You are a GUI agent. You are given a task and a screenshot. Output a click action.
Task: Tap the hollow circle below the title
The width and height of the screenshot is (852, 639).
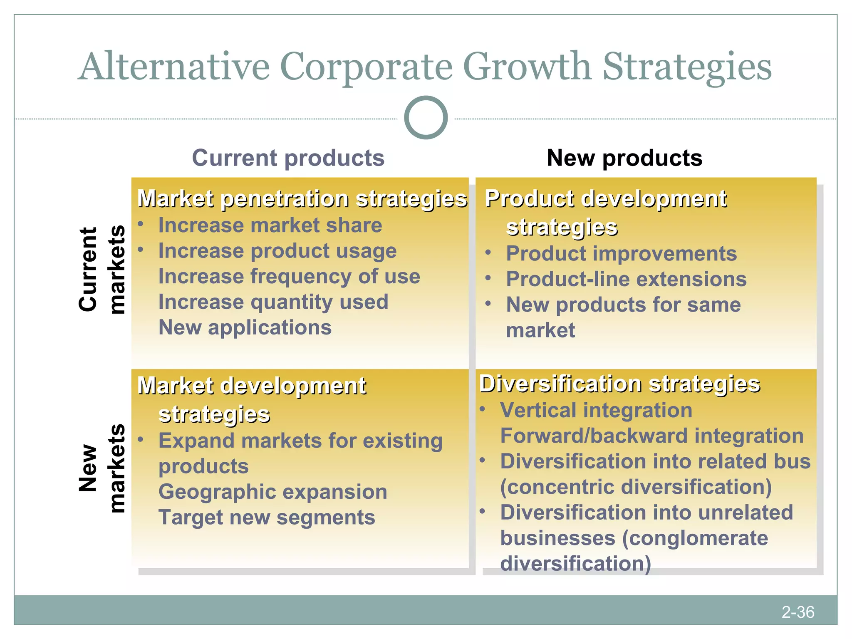click(x=426, y=118)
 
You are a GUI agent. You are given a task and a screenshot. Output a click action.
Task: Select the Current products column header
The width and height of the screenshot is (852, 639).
click(x=288, y=158)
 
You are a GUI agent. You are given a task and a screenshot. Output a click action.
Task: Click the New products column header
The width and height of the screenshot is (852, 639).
click(x=624, y=158)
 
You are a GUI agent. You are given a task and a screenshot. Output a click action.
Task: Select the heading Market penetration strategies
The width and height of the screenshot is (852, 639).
click(x=302, y=198)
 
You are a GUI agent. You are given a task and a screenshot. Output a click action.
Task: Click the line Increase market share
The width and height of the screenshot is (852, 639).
click(x=270, y=225)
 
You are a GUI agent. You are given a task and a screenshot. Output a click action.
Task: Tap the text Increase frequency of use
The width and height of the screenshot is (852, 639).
click(x=289, y=277)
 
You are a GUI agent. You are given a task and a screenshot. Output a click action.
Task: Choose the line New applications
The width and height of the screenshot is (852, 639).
click(x=245, y=327)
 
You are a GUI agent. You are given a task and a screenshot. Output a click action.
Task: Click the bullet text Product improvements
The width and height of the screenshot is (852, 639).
click(x=621, y=253)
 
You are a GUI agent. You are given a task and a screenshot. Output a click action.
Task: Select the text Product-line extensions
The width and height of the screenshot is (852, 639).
click(x=626, y=279)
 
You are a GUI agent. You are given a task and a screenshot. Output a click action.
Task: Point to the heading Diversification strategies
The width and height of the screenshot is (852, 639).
click(x=619, y=384)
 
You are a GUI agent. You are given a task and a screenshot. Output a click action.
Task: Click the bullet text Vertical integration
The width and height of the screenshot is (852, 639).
click(x=596, y=410)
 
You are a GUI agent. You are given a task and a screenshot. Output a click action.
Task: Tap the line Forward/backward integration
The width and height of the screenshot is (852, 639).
click(x=651, y=436)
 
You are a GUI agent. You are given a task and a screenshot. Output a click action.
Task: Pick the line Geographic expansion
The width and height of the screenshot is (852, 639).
click(x=273, y=492)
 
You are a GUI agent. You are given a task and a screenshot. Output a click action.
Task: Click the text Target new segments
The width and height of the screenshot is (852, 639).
click(x=267, y=518)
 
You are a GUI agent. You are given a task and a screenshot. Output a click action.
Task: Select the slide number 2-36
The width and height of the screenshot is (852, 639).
click(x=798, y=612)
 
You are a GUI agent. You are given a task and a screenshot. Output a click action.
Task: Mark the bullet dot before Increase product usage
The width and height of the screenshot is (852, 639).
click(x=141, y=250)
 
